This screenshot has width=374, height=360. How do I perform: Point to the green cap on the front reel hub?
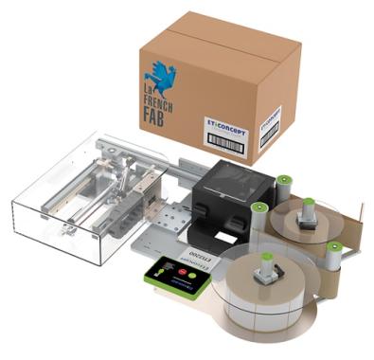point(267,256)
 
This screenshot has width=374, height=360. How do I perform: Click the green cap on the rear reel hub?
point(307,203)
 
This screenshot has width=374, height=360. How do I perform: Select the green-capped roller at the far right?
point(333,248)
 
